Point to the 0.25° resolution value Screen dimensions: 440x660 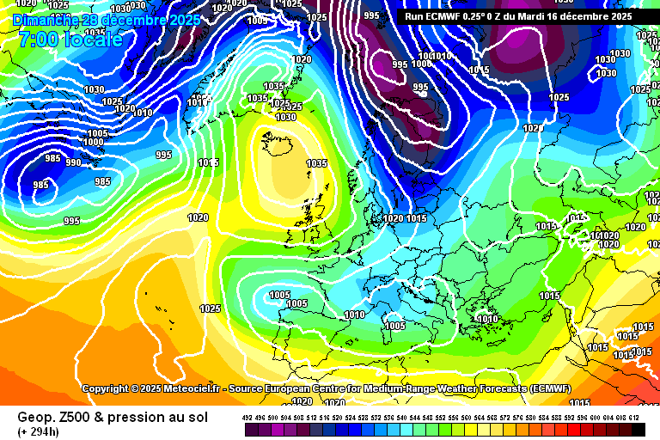click(476, 15)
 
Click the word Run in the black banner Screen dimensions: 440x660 click(414, 15)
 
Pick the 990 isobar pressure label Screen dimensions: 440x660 click(73, 162)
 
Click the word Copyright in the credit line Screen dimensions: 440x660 click(110, 388)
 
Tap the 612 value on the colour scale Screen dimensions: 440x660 click(634, 417)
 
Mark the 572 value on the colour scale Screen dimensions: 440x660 click(505, 417)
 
